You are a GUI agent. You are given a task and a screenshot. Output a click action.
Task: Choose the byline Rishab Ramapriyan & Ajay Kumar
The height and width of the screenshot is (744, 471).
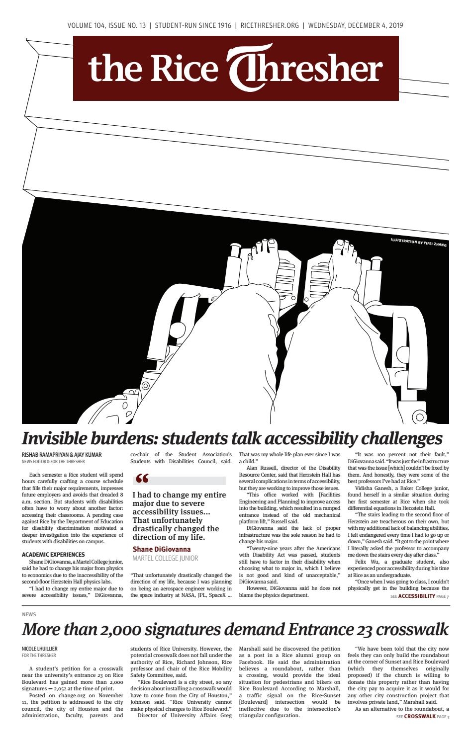(62, 455)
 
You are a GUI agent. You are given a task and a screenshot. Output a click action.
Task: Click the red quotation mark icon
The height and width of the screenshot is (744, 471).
(142, 480)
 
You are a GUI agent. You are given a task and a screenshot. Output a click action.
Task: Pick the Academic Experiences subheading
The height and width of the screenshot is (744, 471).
(53, 554)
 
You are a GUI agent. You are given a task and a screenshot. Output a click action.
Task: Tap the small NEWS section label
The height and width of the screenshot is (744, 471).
(29, 615)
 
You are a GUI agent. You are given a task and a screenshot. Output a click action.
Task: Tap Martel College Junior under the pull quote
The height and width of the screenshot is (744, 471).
(165, 558)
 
